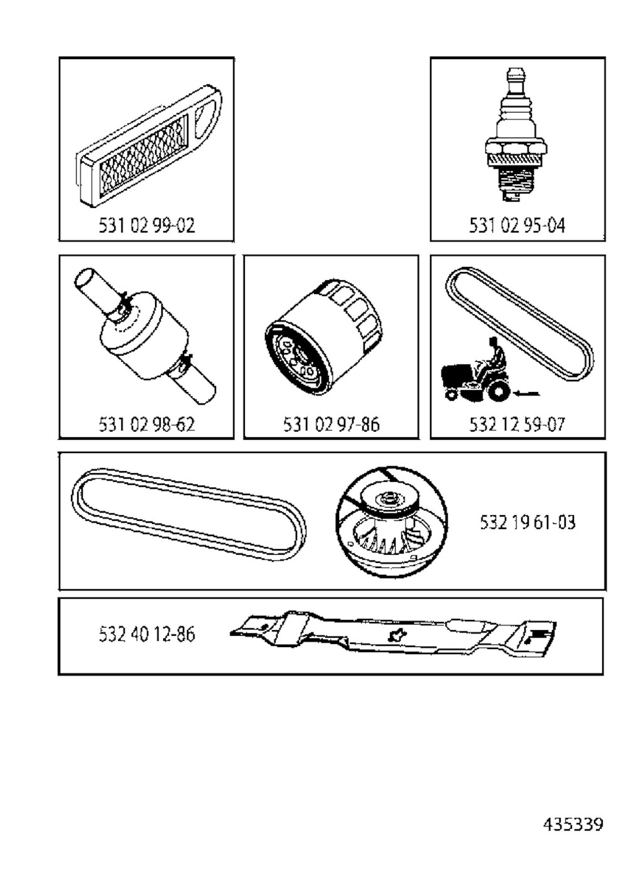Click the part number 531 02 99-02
click(146, 226)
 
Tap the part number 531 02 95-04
click(517, 226)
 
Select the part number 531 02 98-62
click(146, 425)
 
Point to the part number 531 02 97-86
click(332, 425)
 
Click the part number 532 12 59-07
click(517, 425)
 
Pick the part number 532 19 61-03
click(528, 523)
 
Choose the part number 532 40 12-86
click(146, 634)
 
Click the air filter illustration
click(149, 146)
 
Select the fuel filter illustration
click(144, 335)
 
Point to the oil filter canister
click(323, 337)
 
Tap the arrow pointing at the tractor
click(527, 393)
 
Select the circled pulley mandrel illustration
click(392, 523)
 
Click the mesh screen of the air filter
click(143, 156)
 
